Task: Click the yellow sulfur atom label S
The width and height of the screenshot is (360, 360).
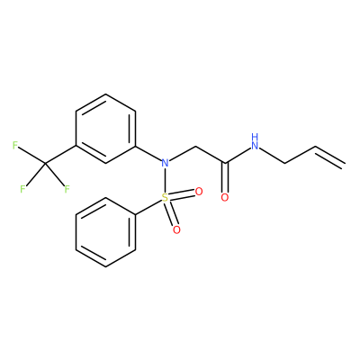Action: click(x=165, y=198)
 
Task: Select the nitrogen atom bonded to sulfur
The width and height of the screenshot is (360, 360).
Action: click(x=165, y=163)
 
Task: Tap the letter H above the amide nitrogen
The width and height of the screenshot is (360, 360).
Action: click(x=255, y=137)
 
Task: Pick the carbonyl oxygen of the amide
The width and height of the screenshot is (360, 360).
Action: click(x=225, y=198)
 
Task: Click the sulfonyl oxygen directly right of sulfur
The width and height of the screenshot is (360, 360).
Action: click(x=199, y=192)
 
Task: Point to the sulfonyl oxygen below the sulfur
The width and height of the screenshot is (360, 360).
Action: click(x=176, y=230)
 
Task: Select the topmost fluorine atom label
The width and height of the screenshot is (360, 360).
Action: click(x=15, y=146)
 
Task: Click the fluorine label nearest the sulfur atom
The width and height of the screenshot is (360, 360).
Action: click(x=67, y=189)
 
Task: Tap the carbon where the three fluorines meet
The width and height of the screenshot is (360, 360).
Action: click(x=45, y=164)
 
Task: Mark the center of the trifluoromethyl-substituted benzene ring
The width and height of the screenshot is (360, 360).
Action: click(x=105, y=129)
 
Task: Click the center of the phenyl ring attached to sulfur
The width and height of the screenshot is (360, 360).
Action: click(x=105, y=232)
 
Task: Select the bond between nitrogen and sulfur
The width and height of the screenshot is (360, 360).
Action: click(x=165, y=180)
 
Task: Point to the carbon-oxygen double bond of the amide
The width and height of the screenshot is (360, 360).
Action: click(x=226, y=178)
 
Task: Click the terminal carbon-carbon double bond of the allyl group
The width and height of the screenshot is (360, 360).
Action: click(x=329, y=156)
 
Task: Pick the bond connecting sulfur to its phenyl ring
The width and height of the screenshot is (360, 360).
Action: click(x=148, y=207)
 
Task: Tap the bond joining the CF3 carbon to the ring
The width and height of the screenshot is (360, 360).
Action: click(x=60, y=155)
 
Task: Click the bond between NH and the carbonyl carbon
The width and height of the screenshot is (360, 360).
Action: click(x=238, y=156)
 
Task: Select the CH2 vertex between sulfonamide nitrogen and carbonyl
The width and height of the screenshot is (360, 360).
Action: click(x=195, y=147)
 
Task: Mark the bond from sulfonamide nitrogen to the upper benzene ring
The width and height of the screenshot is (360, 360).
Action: click(x=148, y=154)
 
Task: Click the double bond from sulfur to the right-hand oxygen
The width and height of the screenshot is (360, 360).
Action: click(x=182, y=194)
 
